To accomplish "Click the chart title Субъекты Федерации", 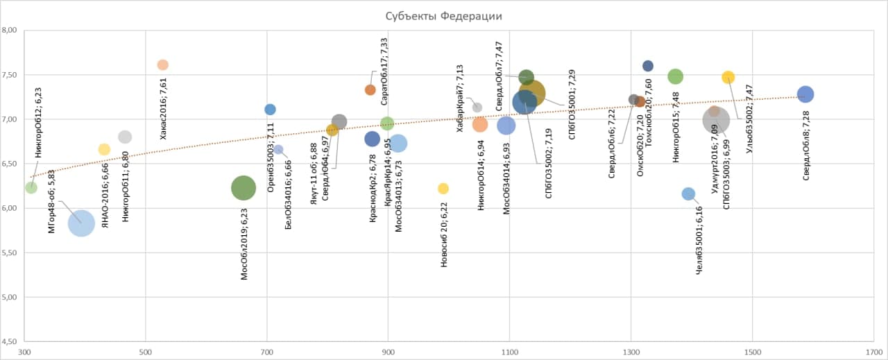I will click(x=443, y=16).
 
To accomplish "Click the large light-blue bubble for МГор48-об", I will click(x=81, y=223).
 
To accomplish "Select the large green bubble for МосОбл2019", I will click(x=243, y=187).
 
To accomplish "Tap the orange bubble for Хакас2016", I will click(x=163, y=65).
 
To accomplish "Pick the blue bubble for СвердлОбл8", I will click(x=805, y=94).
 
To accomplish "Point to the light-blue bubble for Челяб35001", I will click(x=689, y=194).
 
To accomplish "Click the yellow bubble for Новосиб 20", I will click(x=443, y=189).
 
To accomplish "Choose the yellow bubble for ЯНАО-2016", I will click(x=104, y=149).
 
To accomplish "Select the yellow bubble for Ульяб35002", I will click(x=728, y=77).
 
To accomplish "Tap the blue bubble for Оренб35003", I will click(x=271, y=109).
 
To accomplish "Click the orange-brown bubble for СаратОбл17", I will click(x=370, y=89).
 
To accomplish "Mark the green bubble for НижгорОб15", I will click(x=676, y=76).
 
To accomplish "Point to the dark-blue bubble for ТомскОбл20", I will click(x=648, y=66).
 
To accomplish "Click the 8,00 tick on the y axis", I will click(x=12, y=31).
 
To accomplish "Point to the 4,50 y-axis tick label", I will click(x=12, y=342).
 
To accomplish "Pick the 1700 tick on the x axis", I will click(x=873, y=352).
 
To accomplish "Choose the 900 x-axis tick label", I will click(x=388, y=352).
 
